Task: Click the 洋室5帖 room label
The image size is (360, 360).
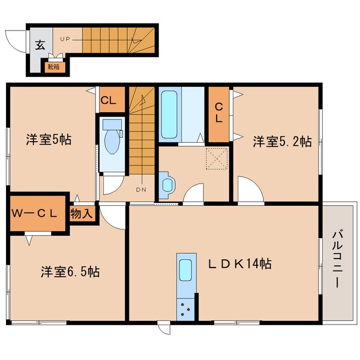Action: tap(49, 140)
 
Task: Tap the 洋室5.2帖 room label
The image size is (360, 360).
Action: tap(281, 142)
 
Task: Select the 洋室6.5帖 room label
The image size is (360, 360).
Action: tap(70, 271)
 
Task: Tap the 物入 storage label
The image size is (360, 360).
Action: tap(82, 212)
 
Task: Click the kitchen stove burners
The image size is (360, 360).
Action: tap(186, 310)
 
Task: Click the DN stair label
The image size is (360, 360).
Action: tap(141, 190)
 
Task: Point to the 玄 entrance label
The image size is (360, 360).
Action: tap(40, 44)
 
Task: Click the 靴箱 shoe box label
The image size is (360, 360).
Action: tap(54, 67)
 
